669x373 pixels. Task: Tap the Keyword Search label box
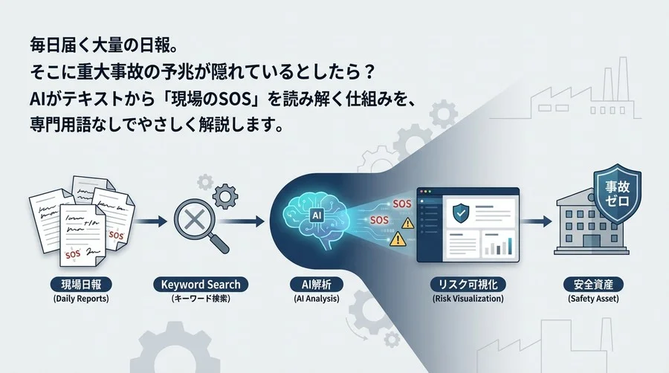201,285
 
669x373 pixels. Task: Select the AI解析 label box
317,285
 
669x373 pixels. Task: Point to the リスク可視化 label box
468,285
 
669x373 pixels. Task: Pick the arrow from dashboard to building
533,221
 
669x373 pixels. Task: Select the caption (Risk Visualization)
468,299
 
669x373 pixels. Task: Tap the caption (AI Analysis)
317,299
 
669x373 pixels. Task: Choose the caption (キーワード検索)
201,299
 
